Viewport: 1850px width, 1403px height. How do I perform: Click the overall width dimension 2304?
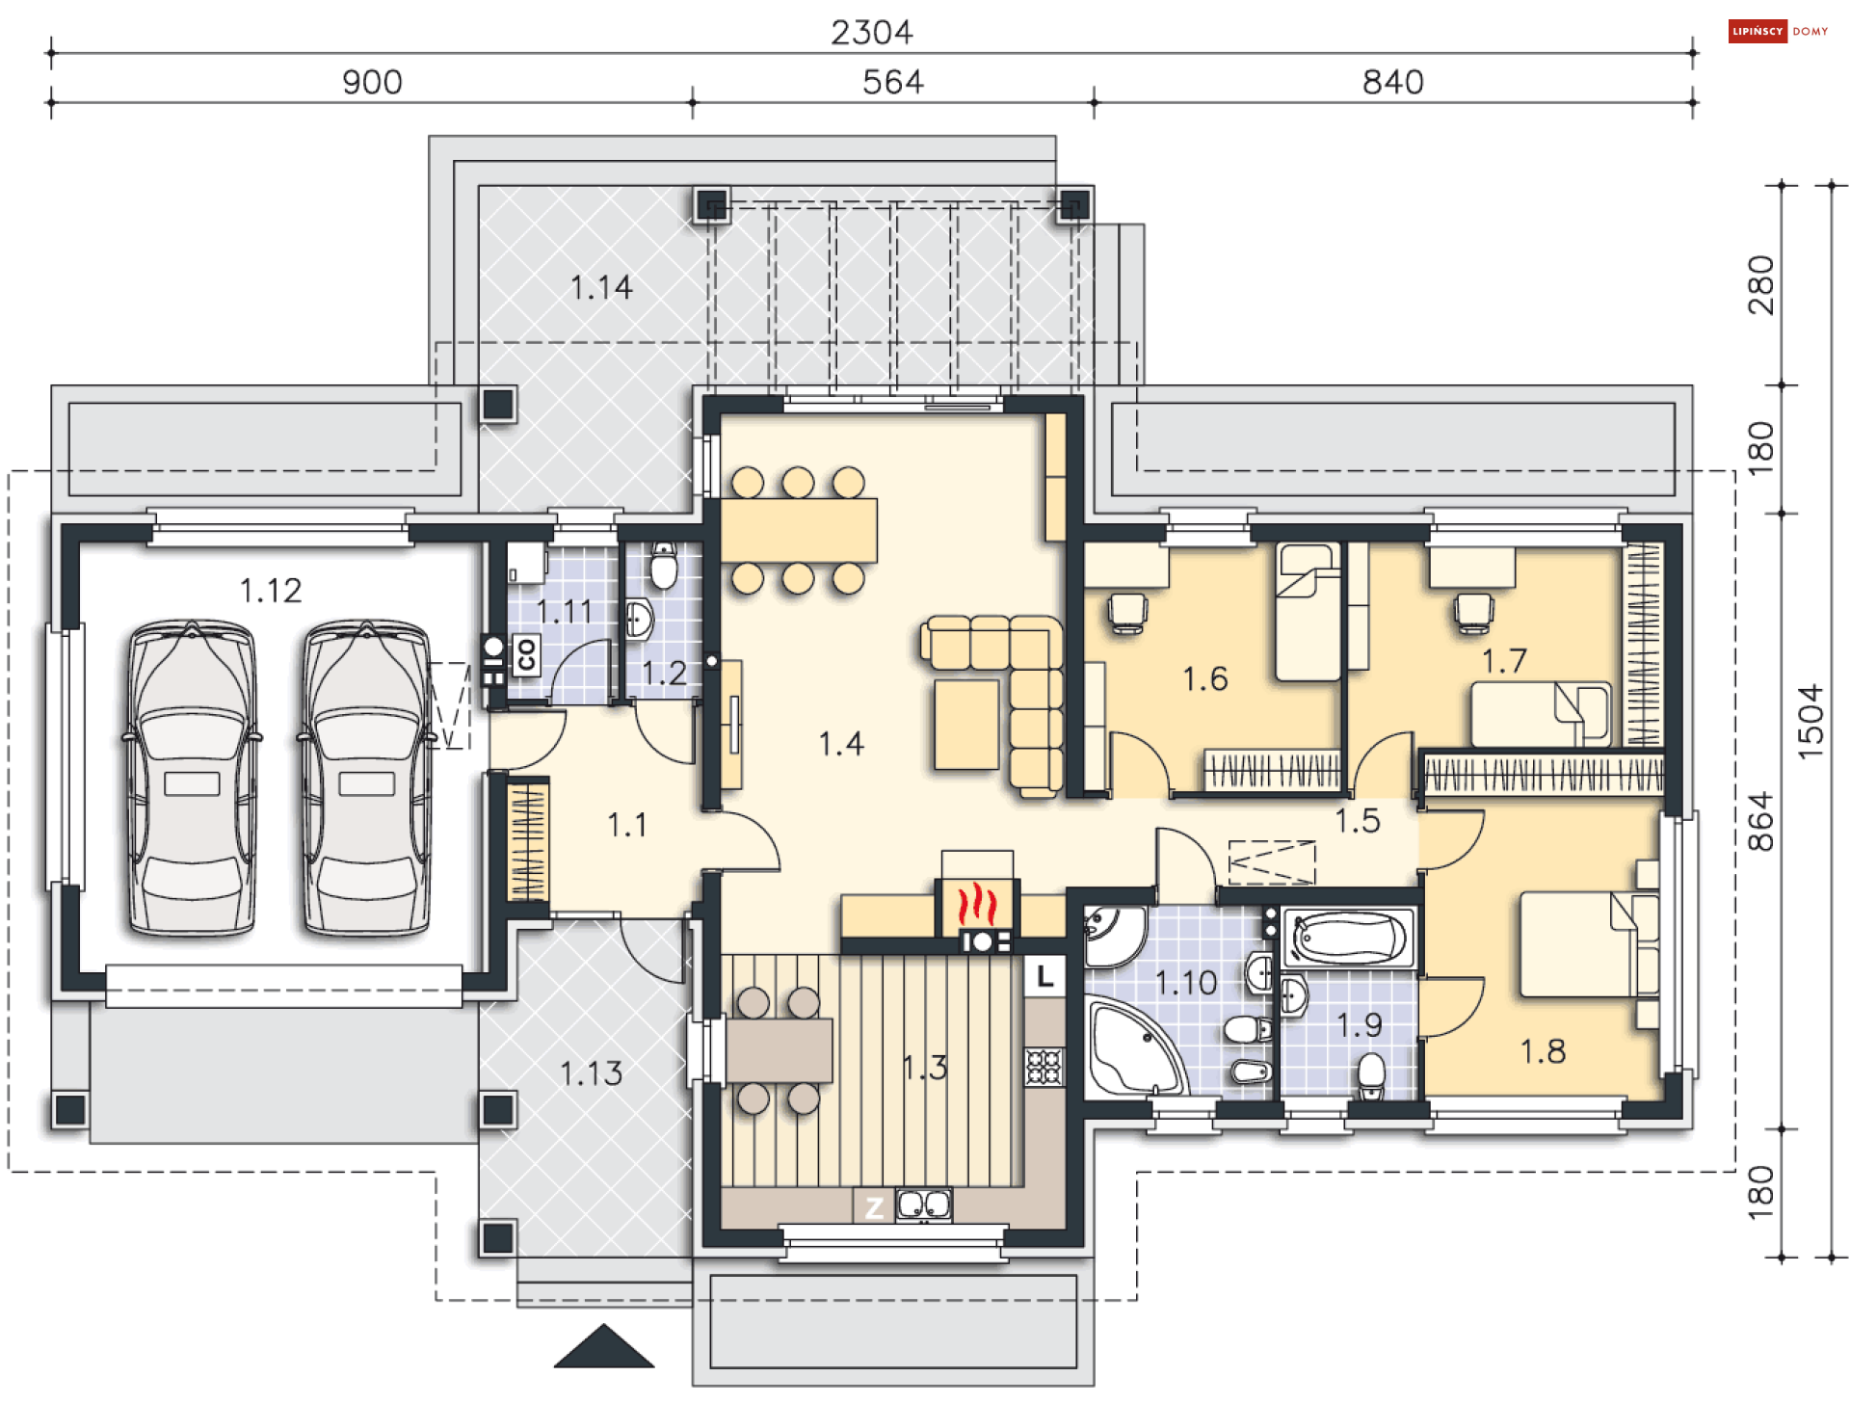pos(871,33)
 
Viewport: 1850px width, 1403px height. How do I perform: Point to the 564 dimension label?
pos(892,82)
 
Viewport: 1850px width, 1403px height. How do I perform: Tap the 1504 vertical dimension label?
pos(1810,721)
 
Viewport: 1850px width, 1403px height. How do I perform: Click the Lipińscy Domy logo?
pos(1778,31)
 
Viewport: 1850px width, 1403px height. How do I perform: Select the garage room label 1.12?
pos(271,590)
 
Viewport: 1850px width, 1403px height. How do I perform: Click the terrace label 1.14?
pos(601,287)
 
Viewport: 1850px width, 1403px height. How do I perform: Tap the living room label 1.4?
pos(841,744)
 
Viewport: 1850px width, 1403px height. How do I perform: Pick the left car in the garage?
pos(193,779)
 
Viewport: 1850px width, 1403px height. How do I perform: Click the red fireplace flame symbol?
pos(976,906)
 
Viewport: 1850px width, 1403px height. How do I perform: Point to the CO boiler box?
pos(525,655)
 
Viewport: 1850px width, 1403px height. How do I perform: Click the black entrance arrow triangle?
pos(604,1346)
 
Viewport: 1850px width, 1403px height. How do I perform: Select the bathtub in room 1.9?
pos(1349,938)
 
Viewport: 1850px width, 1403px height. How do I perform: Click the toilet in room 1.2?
pos(664,565)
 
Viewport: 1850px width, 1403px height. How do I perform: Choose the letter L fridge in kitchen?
pos(1044,976)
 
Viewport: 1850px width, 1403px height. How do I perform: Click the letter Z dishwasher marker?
pos(874,1206)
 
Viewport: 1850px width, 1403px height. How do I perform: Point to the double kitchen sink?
pos(924,1204)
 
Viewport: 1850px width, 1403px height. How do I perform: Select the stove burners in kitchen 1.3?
pos(1044,1067)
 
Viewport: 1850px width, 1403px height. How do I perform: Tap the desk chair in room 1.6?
pos(1127,612)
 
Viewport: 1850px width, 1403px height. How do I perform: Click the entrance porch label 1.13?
pos(591,1073)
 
